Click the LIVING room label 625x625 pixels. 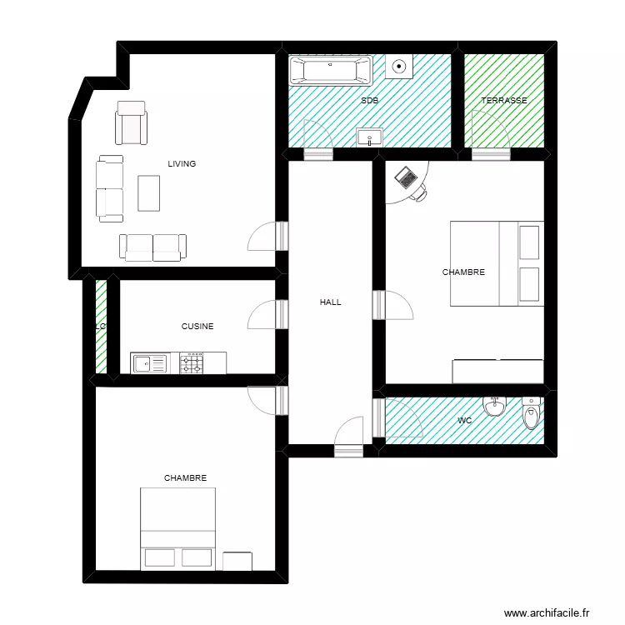click(182, 164)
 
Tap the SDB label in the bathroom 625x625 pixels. click(369, 101)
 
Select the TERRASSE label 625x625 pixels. click(504, 101)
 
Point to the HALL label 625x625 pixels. click(330, 302)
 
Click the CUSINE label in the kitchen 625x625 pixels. click(197, 327)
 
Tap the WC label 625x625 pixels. click(464, 421)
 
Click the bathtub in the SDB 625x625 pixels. click(330, 71)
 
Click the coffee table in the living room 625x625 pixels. click(149, 193)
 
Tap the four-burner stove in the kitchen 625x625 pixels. click(192, 363)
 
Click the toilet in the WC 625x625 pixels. click(531, 413)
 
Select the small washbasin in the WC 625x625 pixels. click(496, 407)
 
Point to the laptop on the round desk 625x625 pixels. click(407, 177)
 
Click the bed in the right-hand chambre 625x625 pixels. click(497, 263)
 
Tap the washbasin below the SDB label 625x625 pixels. click(369, 137)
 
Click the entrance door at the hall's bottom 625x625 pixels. click(348, 437)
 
